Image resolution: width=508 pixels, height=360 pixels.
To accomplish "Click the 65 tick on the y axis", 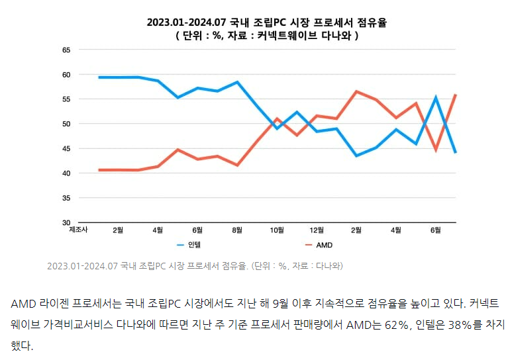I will coord(66,50).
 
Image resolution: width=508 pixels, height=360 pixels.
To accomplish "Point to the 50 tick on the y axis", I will coord(66,124).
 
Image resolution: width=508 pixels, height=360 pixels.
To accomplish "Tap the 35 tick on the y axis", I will coord(66,198).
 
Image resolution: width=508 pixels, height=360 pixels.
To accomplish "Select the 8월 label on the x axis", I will coord(237,230).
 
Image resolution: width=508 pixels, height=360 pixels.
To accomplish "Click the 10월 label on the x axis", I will coord(277,230).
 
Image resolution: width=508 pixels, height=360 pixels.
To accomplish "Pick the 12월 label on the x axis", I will coord(317,230).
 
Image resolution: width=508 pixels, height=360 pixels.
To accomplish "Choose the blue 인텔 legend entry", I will coord(188,246).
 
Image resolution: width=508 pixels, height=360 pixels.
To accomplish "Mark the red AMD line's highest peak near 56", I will coord(356,91).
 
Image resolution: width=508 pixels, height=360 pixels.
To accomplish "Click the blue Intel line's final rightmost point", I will coord(456,152).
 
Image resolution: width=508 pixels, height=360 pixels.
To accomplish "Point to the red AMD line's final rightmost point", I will coord(456,95).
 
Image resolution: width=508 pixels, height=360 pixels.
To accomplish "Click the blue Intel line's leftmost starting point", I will coord(99,77).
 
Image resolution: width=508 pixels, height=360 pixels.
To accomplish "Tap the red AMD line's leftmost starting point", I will coord(99,170).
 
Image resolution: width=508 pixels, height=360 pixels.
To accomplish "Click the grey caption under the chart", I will coord(195,266).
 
